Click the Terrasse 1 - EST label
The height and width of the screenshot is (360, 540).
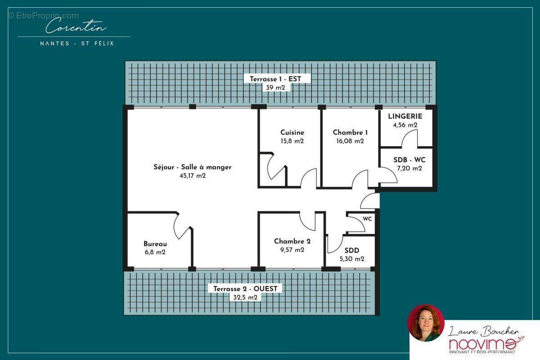tap(275, 79)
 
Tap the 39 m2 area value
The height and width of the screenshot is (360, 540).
tap(275, 88)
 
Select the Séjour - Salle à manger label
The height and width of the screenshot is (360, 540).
tap(193, 167)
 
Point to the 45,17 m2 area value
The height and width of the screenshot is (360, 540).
tap(193, 176)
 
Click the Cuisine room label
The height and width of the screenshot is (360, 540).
tap(292, 132)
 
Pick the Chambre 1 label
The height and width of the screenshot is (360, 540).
tap(350, 132)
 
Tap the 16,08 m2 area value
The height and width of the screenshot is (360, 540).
tap(350, 141)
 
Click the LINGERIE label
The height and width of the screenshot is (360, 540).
tap(405, 116)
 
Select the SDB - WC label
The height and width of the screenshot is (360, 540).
tap(409, 160)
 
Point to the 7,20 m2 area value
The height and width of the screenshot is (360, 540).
tap(409, 169)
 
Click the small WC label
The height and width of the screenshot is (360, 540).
tap(367, 219)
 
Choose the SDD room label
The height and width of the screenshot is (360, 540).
tap(352, 250)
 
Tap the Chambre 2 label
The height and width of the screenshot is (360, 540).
tap(292, 241)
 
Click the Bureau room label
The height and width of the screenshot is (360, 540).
tap(155, 243)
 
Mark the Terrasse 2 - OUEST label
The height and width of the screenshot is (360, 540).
tap(245, 288)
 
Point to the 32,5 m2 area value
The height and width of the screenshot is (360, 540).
tap(245, 297)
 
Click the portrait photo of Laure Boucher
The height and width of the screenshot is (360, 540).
tap(426, 323)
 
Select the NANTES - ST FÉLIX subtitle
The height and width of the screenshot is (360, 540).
tap(77, 43)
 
